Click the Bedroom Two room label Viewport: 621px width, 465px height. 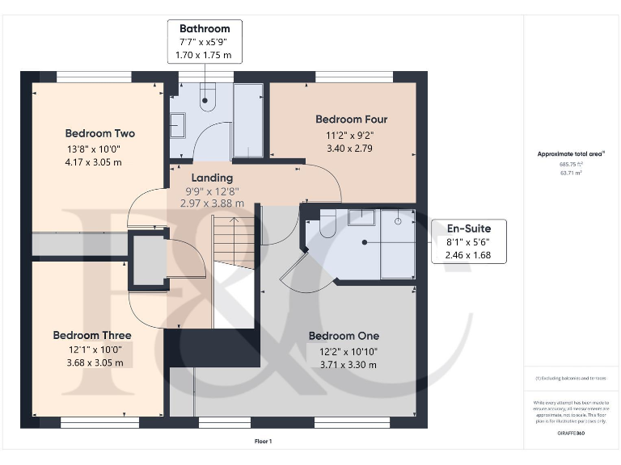(x=100, y=133)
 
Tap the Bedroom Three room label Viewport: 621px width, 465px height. (x=92, y=335)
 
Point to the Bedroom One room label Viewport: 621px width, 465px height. (x=344, y=336)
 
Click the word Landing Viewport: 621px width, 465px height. (x=212, y=178)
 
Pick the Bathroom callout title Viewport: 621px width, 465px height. (x=205, y=28)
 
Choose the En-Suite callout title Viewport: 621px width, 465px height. (x=469, y=228)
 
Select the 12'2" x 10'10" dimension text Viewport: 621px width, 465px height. (x=344, y=351)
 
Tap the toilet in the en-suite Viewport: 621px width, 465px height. (x=327, y=227)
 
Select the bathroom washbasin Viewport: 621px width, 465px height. (x=177, y=125)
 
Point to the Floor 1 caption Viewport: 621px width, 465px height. (x=264, y=441)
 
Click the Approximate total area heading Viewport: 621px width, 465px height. (x=560, y=153)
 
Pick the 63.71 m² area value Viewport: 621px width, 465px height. (x=560, y=172)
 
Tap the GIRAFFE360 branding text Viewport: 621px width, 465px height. (x=571, y=434)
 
